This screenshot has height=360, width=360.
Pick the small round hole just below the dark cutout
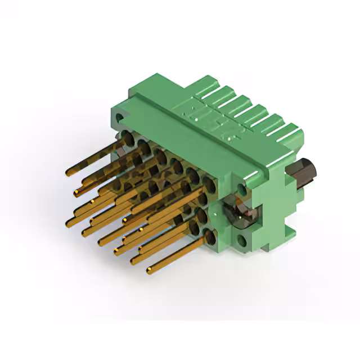click(241, 241)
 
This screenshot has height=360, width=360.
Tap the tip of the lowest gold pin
click(150, 272)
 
